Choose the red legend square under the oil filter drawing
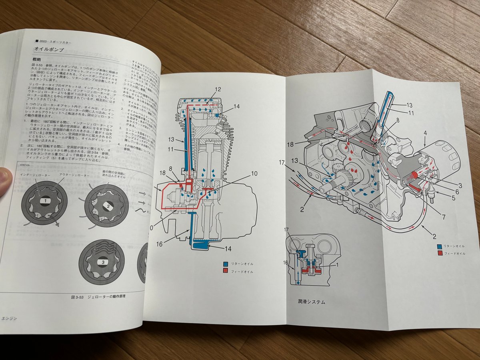[440, 253]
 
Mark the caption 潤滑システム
[312, 302]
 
